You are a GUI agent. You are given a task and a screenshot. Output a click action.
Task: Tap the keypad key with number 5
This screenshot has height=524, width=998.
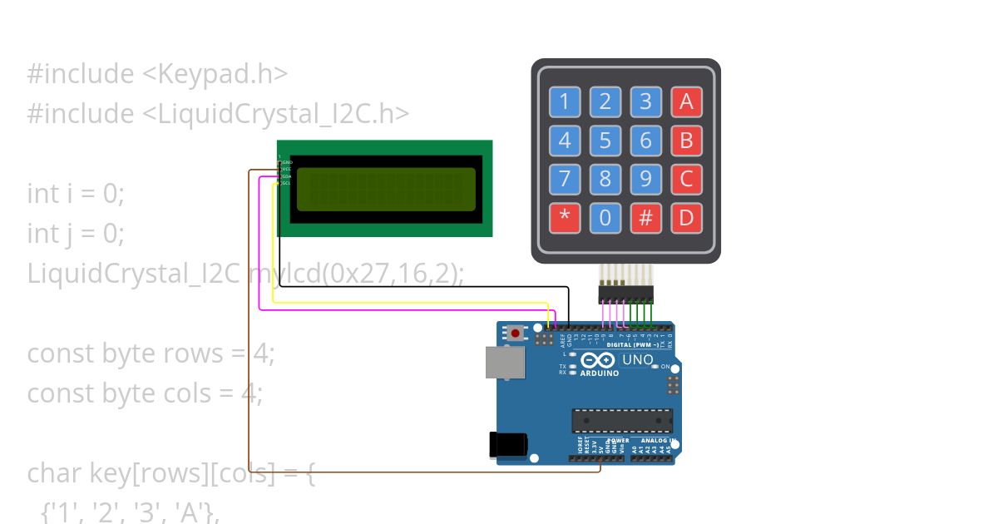[605, 141]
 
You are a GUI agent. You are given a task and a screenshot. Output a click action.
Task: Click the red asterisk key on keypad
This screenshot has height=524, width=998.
[565, 219]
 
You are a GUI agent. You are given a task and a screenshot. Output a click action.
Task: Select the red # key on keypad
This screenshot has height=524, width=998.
[645, 219]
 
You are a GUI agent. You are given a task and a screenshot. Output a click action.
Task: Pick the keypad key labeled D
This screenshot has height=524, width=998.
[686, 219]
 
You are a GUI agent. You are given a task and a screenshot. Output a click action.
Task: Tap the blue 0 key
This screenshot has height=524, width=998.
[605, 219]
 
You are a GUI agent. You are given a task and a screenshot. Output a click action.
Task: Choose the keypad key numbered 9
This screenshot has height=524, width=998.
[645, 180]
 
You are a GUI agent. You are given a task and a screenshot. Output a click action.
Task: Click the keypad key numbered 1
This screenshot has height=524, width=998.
[565, 102]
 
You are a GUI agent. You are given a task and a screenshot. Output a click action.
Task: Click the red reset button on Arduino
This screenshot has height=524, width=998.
[516, 334]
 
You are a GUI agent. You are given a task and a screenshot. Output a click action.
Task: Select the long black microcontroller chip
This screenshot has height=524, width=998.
[621, 421]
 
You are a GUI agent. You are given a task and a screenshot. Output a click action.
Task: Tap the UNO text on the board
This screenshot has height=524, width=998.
[637, 360]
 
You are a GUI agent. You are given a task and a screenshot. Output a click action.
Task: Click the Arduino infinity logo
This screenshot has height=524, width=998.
[599, 361]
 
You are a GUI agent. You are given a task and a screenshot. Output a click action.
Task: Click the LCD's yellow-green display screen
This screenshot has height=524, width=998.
[386, 189]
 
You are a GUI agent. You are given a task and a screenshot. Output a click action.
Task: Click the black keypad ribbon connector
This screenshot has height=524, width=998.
[625, 294]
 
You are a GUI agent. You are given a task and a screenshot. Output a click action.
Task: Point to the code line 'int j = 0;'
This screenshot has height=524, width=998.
[76, 234]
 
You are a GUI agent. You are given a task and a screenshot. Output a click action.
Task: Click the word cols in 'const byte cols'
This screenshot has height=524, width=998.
[188, 393]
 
